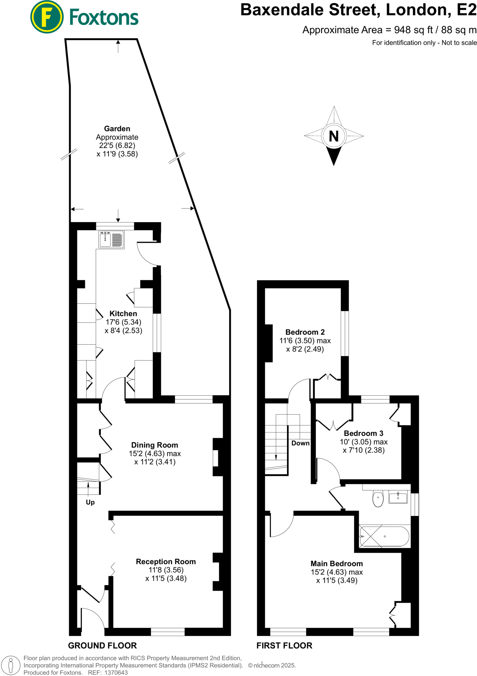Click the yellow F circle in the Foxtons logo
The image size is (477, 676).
pyautogui.click(x=47, y=17)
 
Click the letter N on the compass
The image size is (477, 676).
pyautogui.click(x=334, y=136)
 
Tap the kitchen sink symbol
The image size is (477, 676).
pyautogui.click(x=111, y=239)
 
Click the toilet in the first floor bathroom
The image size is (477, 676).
pyautogui.click(x=378, y=499)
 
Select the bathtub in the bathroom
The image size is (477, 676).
pyautogui.click(x=385, y=536)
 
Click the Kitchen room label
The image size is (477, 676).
pyautogui.click(x=123, y=314)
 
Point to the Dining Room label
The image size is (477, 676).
pyautogui.click(x=154, y=445)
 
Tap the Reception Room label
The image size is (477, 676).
pyautogui.click(x=166, y=561)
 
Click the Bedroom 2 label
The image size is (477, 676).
pyautogui.click(x=305, y=332)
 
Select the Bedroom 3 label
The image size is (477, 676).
pyautogui.click(x=364, y=433)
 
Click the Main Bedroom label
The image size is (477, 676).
pyautogui.click(x=336, y=563)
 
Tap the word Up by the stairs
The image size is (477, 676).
pyautogui.click(x=90, y=502)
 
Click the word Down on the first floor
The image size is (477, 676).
pyautogui.click(x=300, y=443)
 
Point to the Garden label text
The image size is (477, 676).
pyautogui.click(x=117, y=129)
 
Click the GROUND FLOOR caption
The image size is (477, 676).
pyautogui.click(x=102, y=646)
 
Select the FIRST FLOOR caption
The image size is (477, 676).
pyautogui.click(x=284, y=646)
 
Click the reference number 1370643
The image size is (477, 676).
pyautogui.click(x=116, y=673)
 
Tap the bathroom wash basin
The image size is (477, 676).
pyautogui.click(x=398, y=497)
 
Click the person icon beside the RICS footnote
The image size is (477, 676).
pyautogui.click(x=11, y=665)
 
